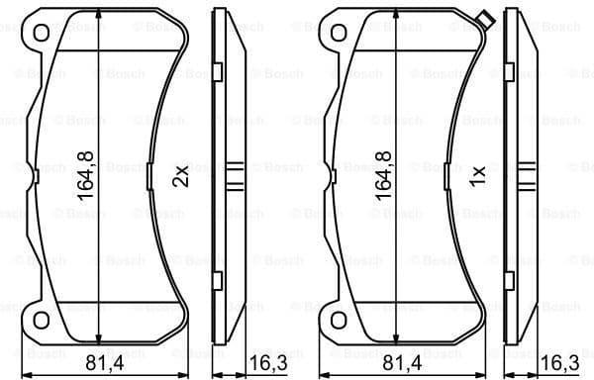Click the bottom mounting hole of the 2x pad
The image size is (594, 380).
(x=41, y=319)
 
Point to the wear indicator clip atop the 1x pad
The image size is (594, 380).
(x=484, y=19)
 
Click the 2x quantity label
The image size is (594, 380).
(x=180, y=176)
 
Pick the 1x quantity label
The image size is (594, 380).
(x=478, y=176)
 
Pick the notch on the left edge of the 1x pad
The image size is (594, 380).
(x=333, y=176)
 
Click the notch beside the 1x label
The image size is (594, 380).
(x=452, y=176)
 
